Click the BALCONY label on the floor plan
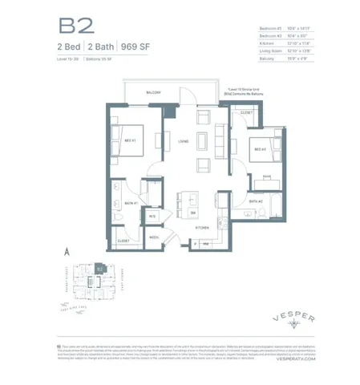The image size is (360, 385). tap(154, 93)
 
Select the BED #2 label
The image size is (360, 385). tap(261, 149)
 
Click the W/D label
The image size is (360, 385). tap(152, 216)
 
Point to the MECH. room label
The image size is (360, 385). tap(152, 237)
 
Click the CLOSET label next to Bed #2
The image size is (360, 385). tap(246, 113)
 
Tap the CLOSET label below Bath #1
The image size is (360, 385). tap(123, 240)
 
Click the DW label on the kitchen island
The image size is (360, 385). tap(194, 212)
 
